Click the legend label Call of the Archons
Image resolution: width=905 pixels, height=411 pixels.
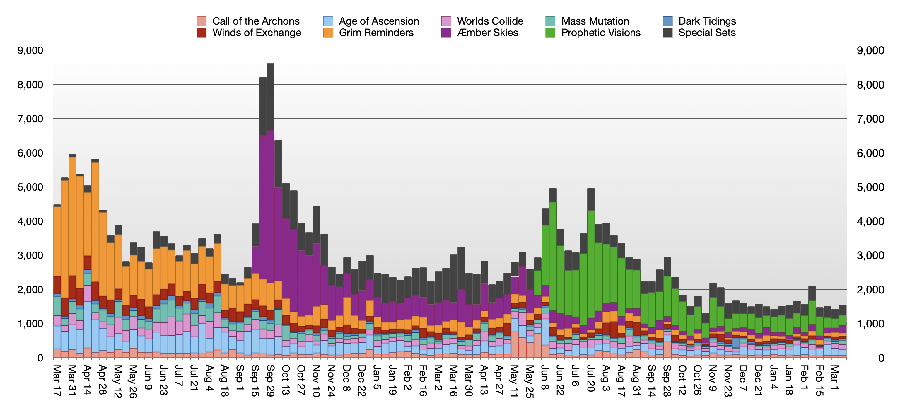click(x=256, y=21)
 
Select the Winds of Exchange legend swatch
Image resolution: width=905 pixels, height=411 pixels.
click(x=201, y=33)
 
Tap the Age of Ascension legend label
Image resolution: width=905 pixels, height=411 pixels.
click(x=379, y=21)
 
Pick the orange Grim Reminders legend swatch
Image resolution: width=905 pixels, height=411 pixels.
click(x=328, y=33)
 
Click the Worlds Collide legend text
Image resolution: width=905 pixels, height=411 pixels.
click(x=490, y=21)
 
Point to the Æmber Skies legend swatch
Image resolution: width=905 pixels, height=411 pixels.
click(x=446, y=33)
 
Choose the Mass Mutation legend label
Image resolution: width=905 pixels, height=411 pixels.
click(x=595, y=21)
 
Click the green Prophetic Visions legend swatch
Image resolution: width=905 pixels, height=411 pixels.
click(x=550, y=33)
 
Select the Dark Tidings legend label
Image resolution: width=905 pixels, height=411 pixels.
click(x=707, y=21)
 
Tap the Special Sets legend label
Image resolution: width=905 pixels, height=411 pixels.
click(x=706, y=33)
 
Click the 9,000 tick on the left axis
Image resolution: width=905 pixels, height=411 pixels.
click(x=30, y=51)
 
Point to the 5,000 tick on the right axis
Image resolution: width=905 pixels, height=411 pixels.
click(x=870, y=187)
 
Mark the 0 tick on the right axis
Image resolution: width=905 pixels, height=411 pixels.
click(x=881, y=358)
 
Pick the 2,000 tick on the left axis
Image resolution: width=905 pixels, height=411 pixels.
click(x=30, y=290)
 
